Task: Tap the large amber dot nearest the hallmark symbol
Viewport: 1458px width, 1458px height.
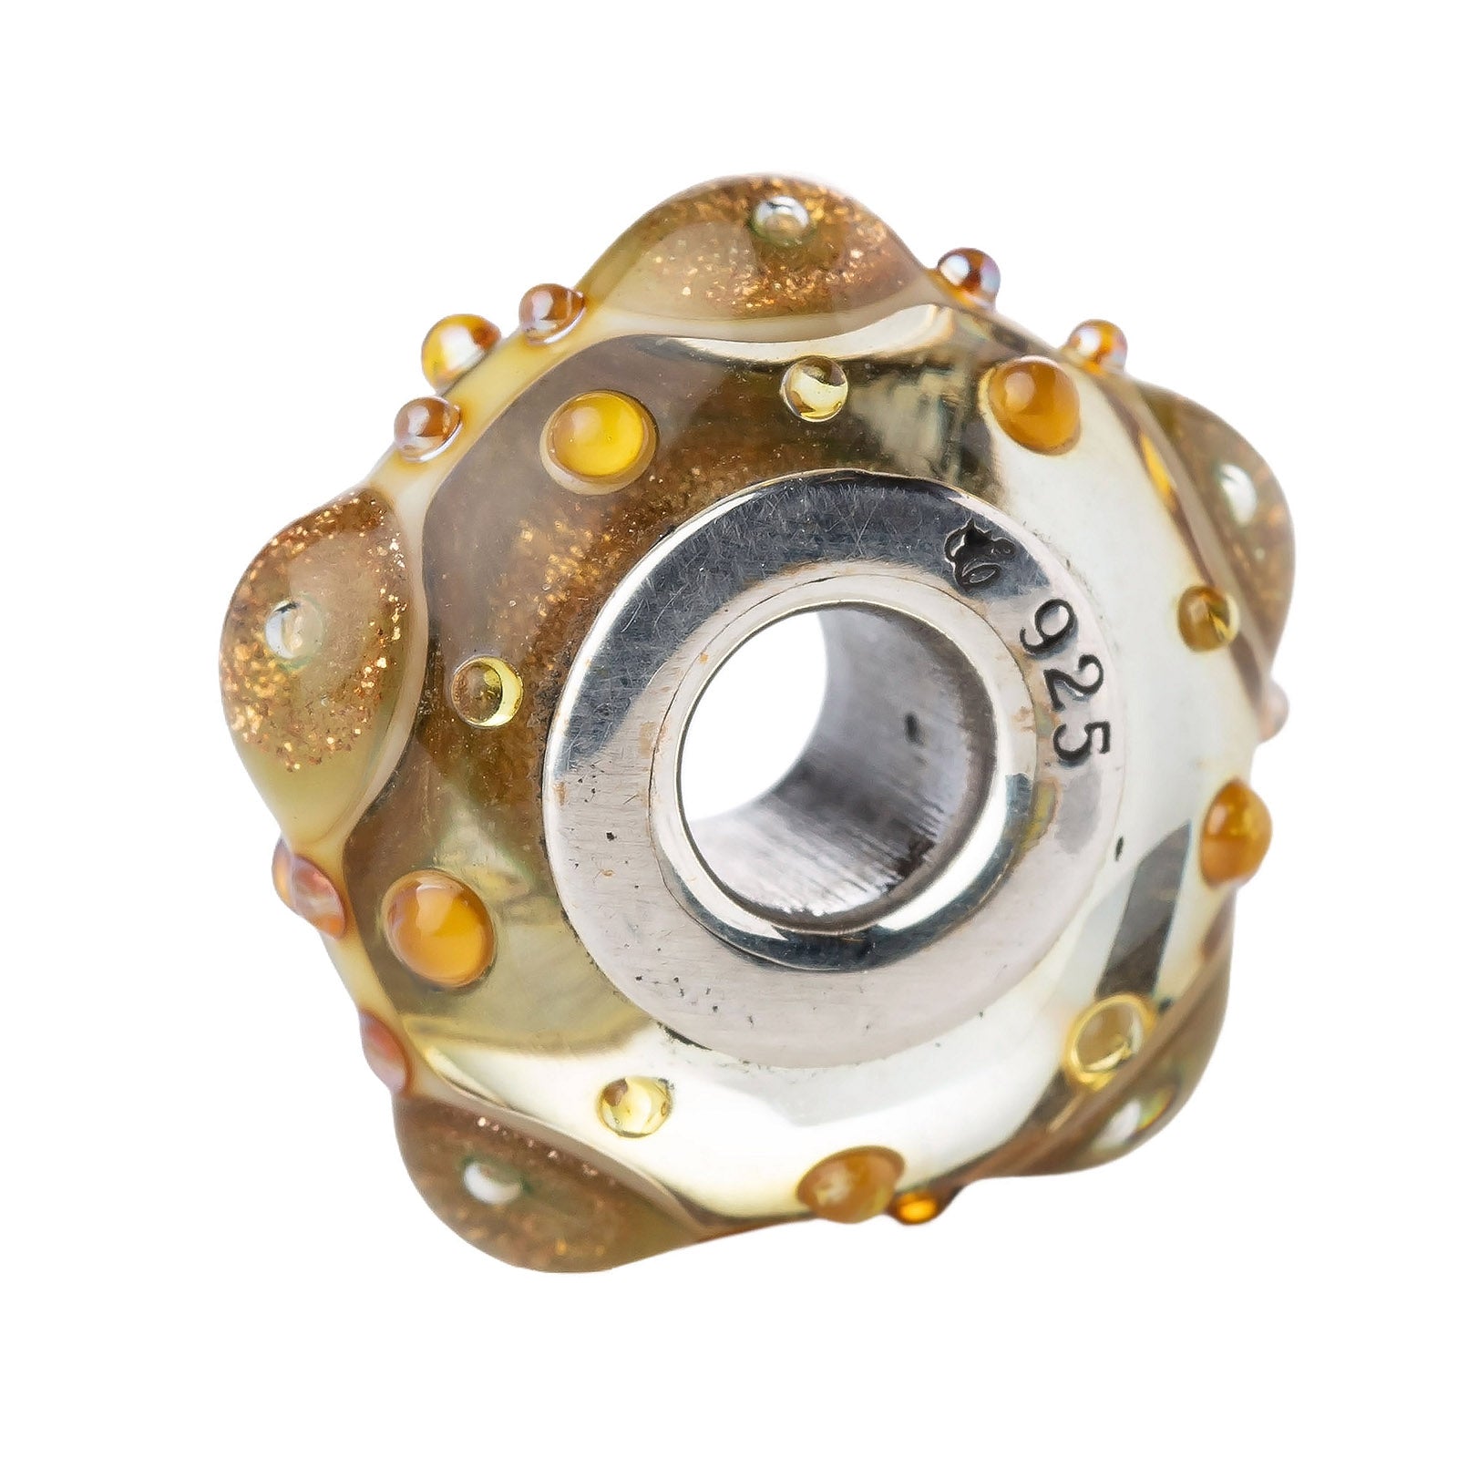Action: tap(1032, 404)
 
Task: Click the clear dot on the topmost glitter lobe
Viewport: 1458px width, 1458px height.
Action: tap(779, 220)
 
